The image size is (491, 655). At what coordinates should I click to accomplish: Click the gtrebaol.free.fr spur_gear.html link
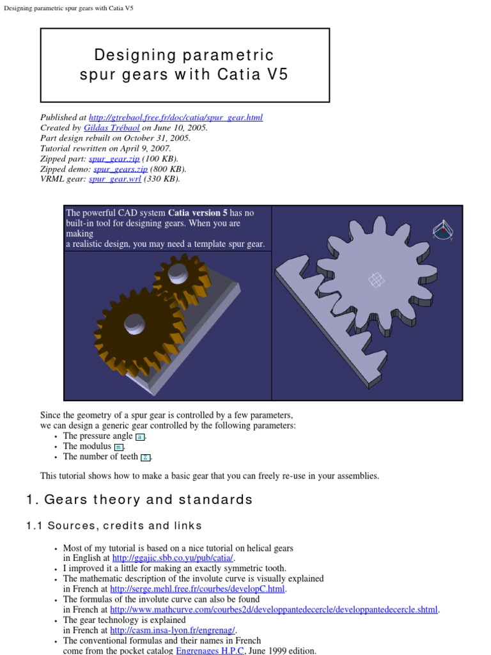click(x=176, y=118)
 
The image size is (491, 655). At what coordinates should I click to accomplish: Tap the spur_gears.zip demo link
click(x=120, y=169)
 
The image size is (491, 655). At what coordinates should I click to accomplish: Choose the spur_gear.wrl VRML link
click(x=115, y=179)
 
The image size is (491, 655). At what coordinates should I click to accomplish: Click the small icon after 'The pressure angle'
click(x=140, y=436)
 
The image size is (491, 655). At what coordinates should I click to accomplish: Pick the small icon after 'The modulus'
click(x=118, y=446)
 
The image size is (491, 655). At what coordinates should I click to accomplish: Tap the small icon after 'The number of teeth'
click(x=146, y=457)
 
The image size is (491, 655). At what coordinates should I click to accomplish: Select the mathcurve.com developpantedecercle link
click(x=274, y=610)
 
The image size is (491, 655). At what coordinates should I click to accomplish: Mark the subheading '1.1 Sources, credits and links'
click(x=114, y=526)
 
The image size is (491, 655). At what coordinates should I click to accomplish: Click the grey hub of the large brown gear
click(x=136, y=323)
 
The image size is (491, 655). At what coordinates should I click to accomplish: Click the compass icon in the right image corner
click(x=440, y=230)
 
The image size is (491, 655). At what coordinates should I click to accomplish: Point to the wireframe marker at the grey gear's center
click(x=377, y=280)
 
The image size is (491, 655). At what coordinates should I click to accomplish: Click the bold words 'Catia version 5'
click(x=198, y=213)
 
